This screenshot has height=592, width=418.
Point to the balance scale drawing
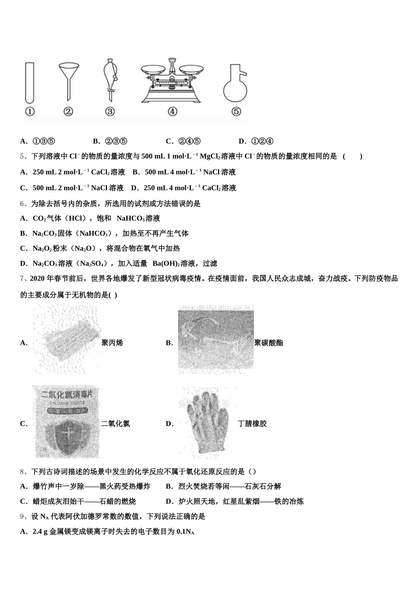point(172,81)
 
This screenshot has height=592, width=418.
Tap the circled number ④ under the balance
point(172,112)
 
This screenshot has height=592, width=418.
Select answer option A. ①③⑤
point(38,141)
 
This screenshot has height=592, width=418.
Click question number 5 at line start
point(22,156)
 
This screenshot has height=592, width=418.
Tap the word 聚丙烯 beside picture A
point(112,343)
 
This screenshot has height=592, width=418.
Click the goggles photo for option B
point(216,340)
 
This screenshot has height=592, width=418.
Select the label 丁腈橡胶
point(252,424)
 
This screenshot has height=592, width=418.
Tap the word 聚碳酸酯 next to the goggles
point(269,343)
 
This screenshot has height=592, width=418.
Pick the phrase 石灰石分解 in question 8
point(264,486)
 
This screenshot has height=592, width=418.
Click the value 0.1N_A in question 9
point(185,532)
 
